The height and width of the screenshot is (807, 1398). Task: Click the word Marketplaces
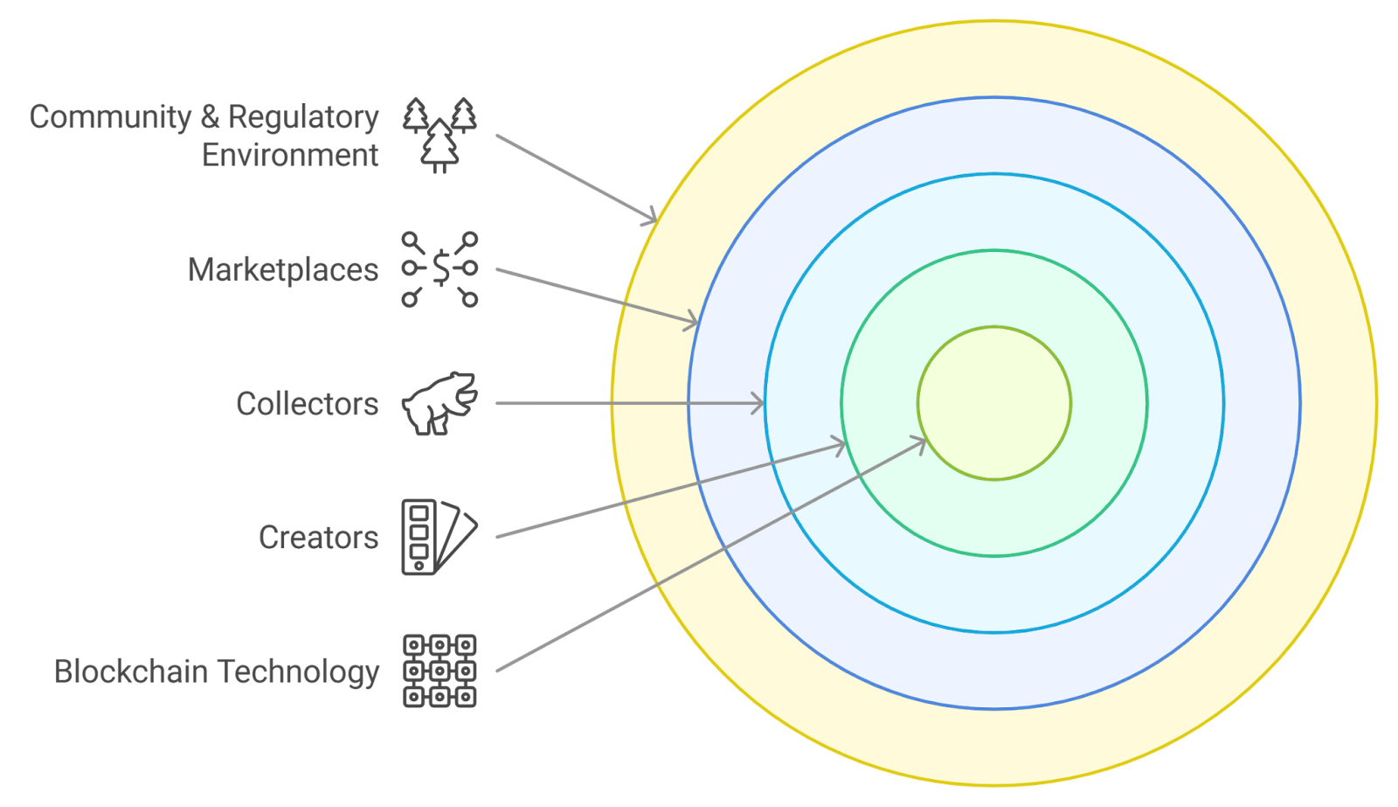tap(282, 270)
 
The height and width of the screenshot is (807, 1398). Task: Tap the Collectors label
tap(307, 404)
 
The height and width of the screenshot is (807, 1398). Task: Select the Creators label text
tap(318, 538)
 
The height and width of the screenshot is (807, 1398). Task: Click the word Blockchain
tap(131, 671)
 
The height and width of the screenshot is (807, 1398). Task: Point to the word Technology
tap(298, 672)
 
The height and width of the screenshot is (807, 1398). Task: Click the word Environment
tap(290, 155)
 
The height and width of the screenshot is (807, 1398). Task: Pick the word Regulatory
tap(303, 117)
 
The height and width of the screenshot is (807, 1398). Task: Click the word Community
tap(110, 116)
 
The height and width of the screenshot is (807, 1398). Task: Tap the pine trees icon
tap(440, 136)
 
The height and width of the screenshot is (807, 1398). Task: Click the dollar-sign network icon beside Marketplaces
tap(440, 269)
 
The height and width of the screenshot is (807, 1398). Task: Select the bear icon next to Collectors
tap(440, 403)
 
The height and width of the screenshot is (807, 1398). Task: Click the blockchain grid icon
tap(439, 671)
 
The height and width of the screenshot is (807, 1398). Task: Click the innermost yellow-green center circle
tap(994, 403)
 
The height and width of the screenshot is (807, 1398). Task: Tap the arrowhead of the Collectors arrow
tap(758, 403)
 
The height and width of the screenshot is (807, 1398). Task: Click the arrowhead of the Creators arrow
tap(840, 447)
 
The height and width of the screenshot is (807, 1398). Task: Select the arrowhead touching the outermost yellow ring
tap(651, 219)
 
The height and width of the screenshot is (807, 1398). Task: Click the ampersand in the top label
tap(210, 117)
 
